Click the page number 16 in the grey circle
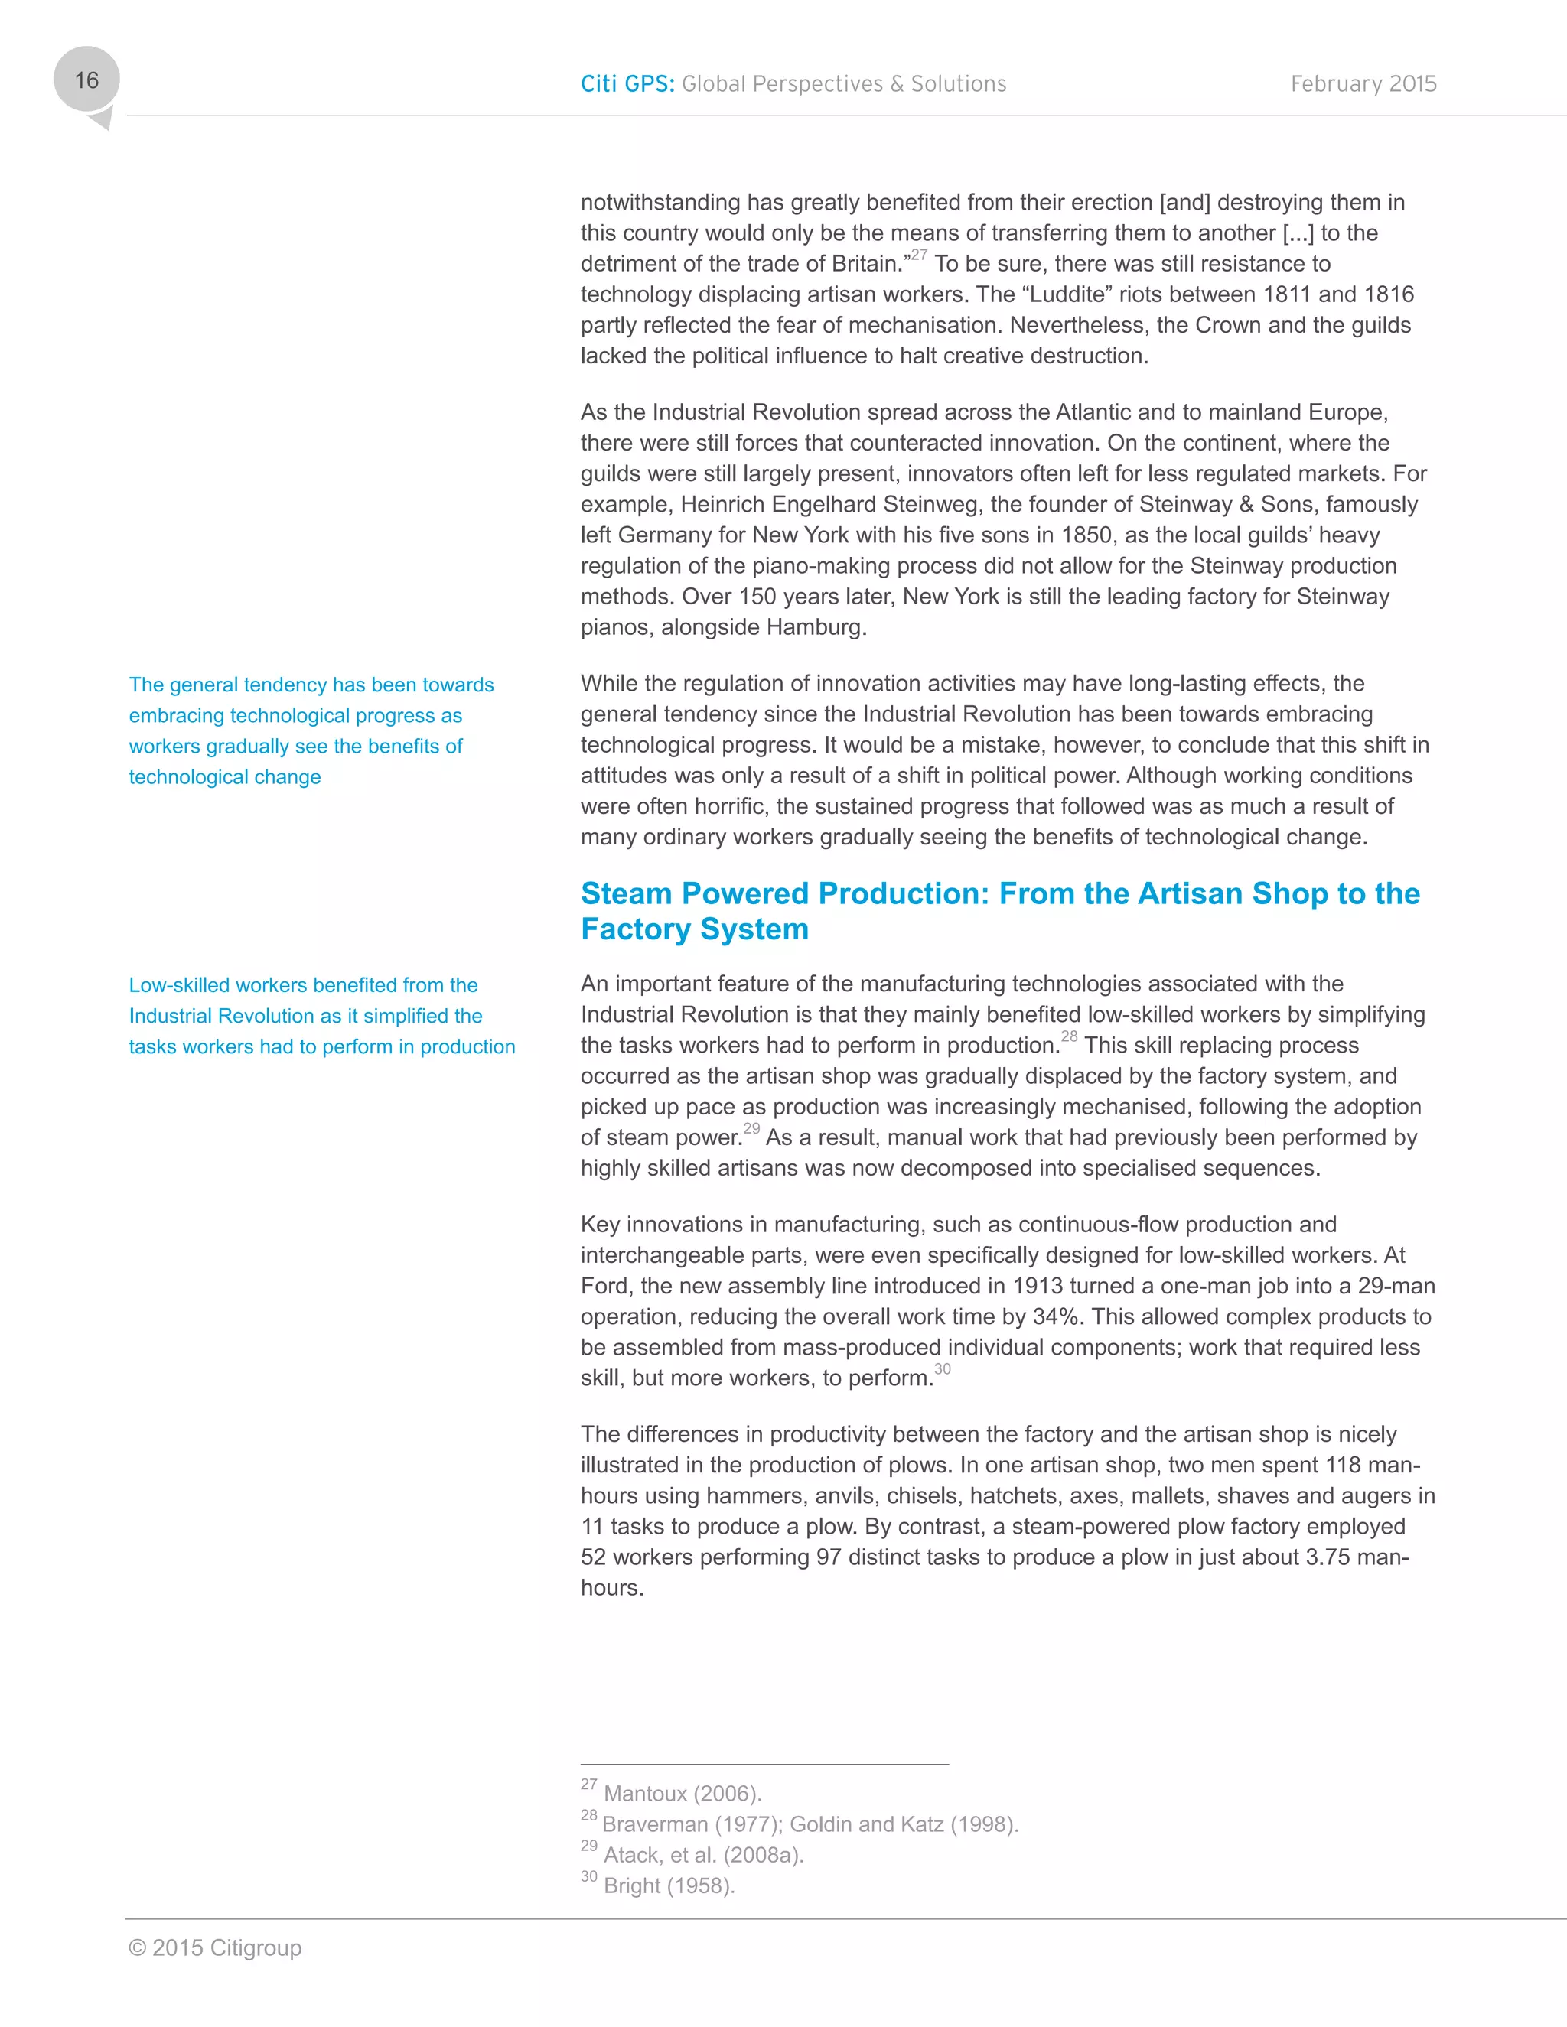click(86, 81)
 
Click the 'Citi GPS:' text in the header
click(627, 83)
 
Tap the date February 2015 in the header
click(1363, 83)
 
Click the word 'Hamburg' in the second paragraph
click(817, 626)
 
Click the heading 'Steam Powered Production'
click(785, 893)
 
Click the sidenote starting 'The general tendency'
click(311, 730)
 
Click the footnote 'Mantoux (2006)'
click(682, 1793)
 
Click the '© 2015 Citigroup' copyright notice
click(215, 1947)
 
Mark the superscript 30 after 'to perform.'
click(942, 1369)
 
